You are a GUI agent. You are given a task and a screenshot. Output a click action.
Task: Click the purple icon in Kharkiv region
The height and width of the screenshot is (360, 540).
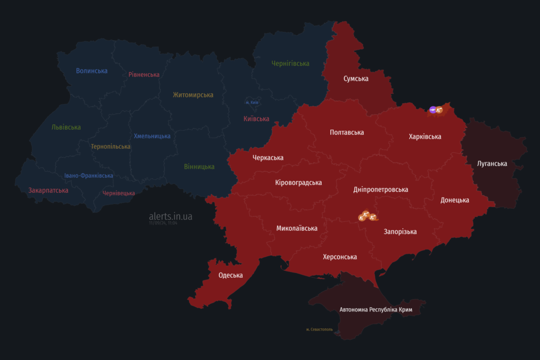click(x=432, y=110)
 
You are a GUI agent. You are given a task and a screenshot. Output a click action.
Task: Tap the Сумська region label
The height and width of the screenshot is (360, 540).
click(x=356, y=79)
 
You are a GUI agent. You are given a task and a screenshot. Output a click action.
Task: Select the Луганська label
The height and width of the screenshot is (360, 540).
click(x=492, y=163)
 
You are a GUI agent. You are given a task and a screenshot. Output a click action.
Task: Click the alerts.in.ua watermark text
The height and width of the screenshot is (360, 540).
click(x=170, y=216)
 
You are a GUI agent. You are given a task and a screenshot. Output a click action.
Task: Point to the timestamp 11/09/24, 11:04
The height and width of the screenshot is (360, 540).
click(x=163, y=223)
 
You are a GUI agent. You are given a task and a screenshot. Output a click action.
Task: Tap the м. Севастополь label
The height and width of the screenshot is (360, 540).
click(x=320, y=329)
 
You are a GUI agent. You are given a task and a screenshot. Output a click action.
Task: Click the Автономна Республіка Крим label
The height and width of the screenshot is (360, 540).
click(x=375, y=309)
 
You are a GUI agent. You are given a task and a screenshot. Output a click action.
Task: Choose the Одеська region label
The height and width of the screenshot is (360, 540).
click(x=230, y=275)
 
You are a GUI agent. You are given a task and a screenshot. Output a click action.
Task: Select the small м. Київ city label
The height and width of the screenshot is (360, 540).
click(x=252, y=102)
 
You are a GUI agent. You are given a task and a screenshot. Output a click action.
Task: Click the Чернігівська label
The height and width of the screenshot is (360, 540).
click(x=290, y=63)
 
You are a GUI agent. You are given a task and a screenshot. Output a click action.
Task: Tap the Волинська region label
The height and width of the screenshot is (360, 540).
click(x=92, y=71)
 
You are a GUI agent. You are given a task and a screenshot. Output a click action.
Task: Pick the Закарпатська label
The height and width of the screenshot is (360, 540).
click(x=48, y=190)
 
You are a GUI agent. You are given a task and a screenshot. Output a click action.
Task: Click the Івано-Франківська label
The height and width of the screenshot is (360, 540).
click(x=89, y=176)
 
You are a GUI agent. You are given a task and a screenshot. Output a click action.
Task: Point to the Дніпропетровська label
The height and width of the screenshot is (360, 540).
click(x=380, y=189)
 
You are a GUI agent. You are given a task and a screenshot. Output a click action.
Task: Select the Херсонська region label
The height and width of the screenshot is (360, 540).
click(x=340, y=257)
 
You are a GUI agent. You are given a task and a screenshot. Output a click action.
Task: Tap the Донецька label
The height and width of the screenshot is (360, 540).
click(x=455, y=200)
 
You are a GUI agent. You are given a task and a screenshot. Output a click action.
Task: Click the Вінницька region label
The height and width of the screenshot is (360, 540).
click(x=199, y=167)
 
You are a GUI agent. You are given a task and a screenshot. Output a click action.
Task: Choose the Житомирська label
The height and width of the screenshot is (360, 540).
click(x=193, y=95)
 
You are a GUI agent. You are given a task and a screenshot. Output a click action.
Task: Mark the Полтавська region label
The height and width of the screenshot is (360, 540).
click(x=346, y=132)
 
